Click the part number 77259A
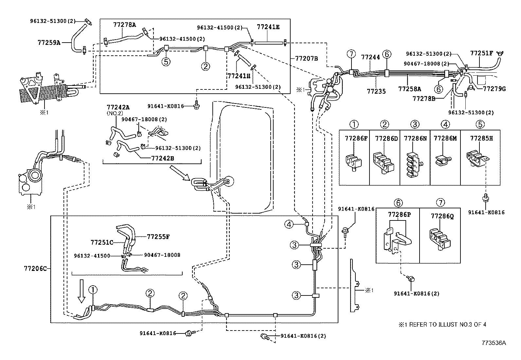coord(49,42)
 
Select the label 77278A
coord(125,24)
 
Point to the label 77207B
coord(306,58)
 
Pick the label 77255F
coord(158,236)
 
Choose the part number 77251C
coord(102,242)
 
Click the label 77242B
coord(162,158)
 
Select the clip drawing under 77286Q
coord(440,237)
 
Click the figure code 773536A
coord(494,343)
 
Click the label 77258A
coord(409,88)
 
